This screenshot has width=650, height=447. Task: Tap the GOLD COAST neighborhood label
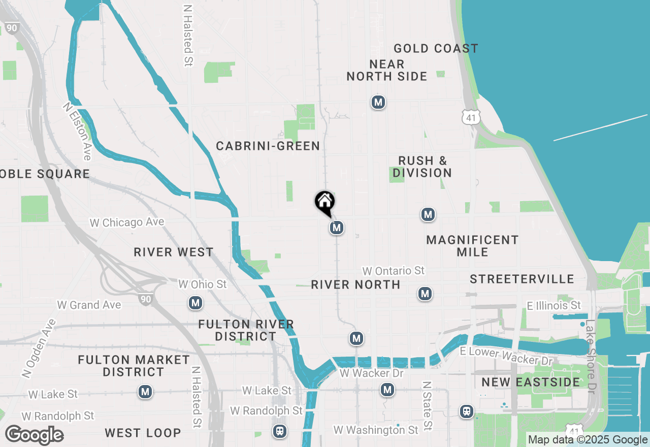pos(436,49)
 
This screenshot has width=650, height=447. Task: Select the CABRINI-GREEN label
pos(268,146)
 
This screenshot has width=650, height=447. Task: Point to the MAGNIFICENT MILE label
pos(472,246)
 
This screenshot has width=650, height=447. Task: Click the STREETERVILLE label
pos(522,279)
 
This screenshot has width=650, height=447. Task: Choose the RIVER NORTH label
pos(355,284)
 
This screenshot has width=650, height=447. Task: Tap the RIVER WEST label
pos(174,252)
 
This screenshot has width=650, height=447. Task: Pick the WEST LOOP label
pos(143,433)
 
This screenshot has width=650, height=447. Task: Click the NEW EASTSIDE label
pos(531,382)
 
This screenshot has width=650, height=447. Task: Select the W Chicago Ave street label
pos(127,222)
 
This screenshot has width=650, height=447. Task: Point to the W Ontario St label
pos(393,271)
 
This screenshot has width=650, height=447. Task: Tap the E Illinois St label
pos(554,306)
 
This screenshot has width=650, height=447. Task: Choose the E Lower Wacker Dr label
pos(506,356)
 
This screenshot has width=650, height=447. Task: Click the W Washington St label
pos(376,430)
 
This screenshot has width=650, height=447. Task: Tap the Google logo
pos(34,435)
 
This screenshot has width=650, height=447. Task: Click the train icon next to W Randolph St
pos(279,431)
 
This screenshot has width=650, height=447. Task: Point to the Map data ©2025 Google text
pos(588,440)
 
